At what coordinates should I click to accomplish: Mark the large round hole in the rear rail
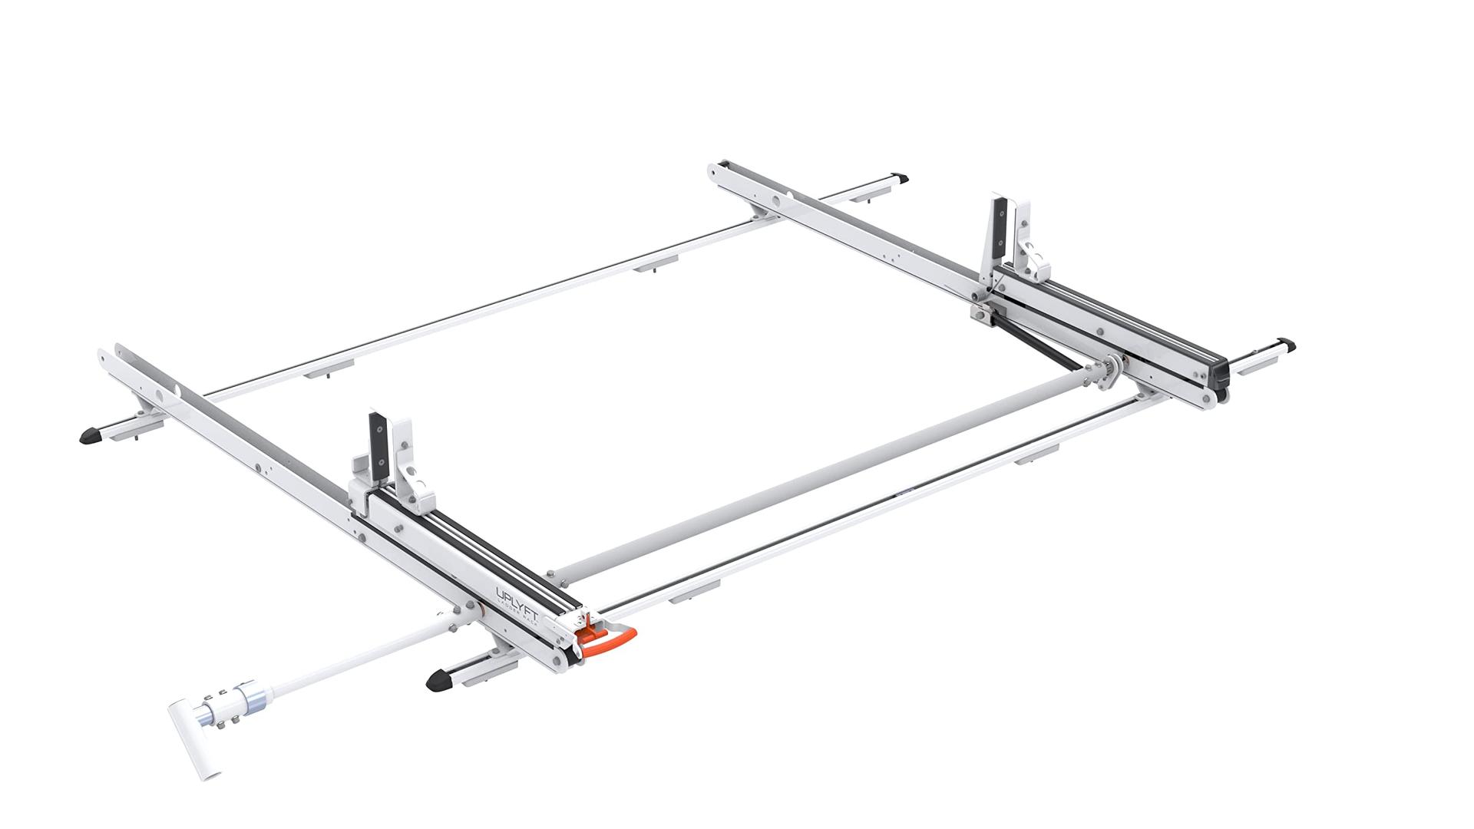point(778,201)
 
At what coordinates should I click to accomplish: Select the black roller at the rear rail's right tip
point(1220,395)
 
